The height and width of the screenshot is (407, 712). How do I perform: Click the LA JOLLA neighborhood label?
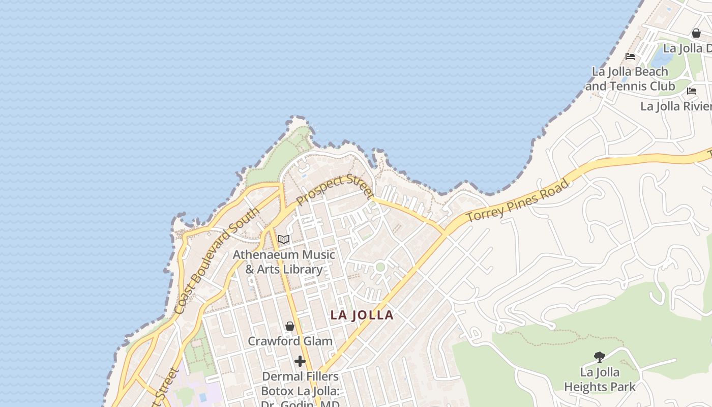click(x=362, y=315)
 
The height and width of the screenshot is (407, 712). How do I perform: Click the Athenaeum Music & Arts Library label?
click(x=284, y=261)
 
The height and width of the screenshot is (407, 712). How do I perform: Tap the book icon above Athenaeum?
click(x=283, y=239)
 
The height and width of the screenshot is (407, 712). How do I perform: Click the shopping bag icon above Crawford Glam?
click(x=290, y=326)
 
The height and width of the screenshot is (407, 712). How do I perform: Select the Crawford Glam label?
click(x=290, y=341)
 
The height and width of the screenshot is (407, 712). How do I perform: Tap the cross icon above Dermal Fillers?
click(x=300, y=361)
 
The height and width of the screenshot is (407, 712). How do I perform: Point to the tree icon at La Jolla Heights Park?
click(x=600, y=357)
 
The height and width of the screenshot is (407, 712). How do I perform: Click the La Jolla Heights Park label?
click(x=600, y=380)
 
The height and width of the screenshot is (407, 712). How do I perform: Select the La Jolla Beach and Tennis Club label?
click(x=630, y=79)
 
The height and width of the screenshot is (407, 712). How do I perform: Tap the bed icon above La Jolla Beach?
click(x=630, y=56)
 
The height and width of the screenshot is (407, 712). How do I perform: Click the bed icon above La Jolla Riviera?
click(x=692, y=91)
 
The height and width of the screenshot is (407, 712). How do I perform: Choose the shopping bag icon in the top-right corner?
click(x=696, y=33)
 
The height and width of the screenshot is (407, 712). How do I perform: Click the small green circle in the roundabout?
click(x=380, y=267)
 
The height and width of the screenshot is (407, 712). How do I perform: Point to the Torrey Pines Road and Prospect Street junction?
click(x=446, y=231)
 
